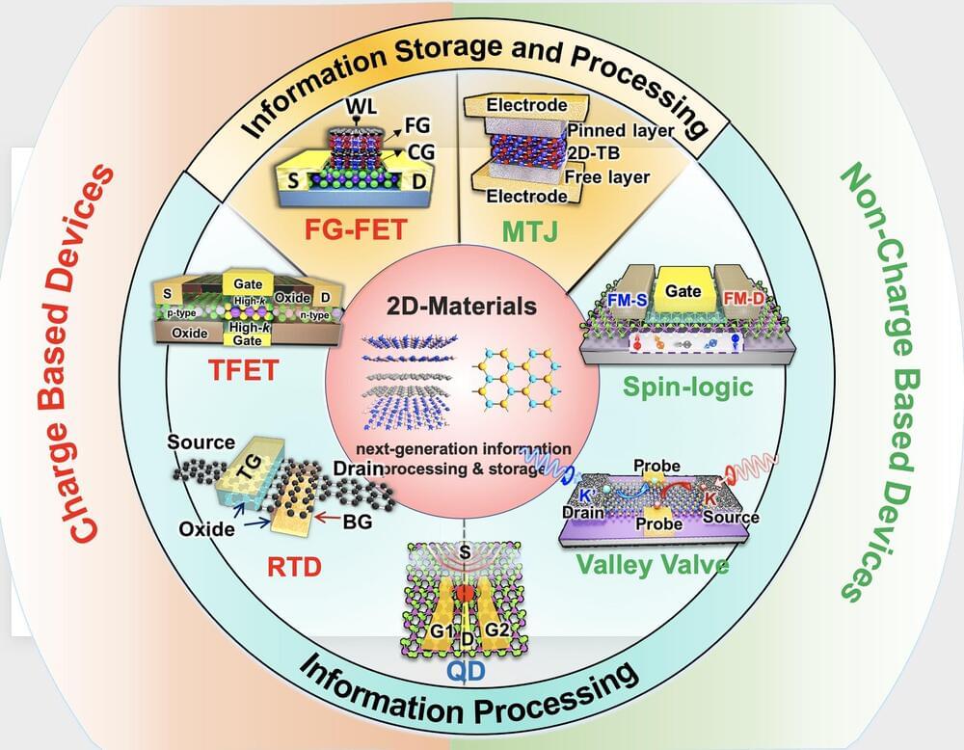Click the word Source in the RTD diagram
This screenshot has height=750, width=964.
201,442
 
